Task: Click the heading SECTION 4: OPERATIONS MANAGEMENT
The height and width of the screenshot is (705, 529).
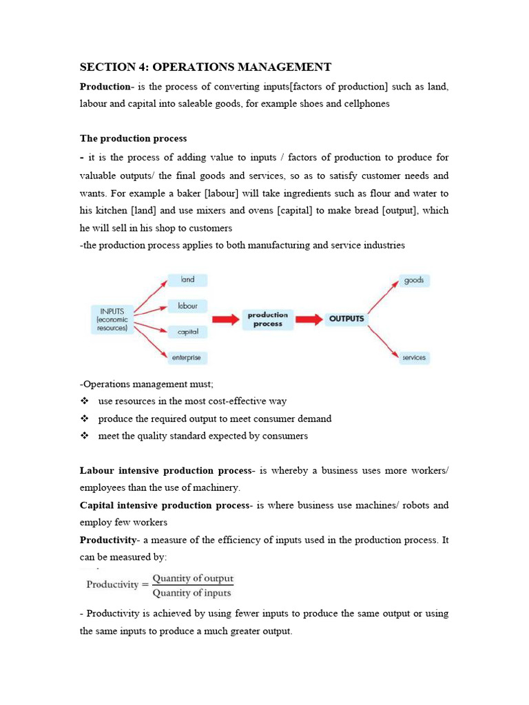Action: click(x=205, y=67)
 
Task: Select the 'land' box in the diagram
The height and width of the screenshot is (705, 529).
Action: click(x=187, y=280)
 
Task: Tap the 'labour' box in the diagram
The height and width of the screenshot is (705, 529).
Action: click(x=187, y=306)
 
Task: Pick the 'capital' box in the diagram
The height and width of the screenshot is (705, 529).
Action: click(x=187, y=332)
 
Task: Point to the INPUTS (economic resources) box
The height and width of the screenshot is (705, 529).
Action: click(x=112, y=320)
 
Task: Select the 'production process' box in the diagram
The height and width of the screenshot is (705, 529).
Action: click(x=268, y=319)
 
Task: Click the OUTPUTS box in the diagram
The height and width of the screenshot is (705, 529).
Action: click(x=346, y=319)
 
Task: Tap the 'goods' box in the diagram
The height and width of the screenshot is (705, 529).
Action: click(x=414, y=280)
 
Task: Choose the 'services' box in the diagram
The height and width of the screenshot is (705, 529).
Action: click(x=414, y=357)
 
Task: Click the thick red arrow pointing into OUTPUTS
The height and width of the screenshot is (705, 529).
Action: click(x=309, y=319)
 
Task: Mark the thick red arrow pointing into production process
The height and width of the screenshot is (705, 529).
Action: click(x=225, y=319)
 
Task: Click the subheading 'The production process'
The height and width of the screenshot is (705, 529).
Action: click(x=133, y=138)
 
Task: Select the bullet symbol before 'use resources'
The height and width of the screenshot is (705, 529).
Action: click(x=85, y=401)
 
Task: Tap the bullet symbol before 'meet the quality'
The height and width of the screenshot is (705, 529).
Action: click(x=85, y=436)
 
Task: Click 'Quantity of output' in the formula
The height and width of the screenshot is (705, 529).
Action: click(x=193, y=578)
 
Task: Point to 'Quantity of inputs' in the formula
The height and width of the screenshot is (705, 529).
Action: click(x=192, y=593)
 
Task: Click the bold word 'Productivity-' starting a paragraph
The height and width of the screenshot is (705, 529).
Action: click(x=110, y=540)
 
